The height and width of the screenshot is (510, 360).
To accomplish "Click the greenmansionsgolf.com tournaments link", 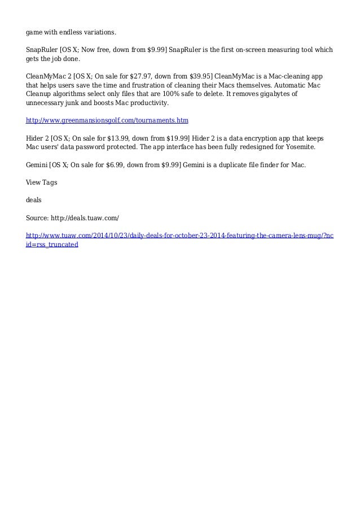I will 107,121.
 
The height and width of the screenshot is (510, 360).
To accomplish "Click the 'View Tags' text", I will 42,182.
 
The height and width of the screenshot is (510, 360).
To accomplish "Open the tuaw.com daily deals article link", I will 179,235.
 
